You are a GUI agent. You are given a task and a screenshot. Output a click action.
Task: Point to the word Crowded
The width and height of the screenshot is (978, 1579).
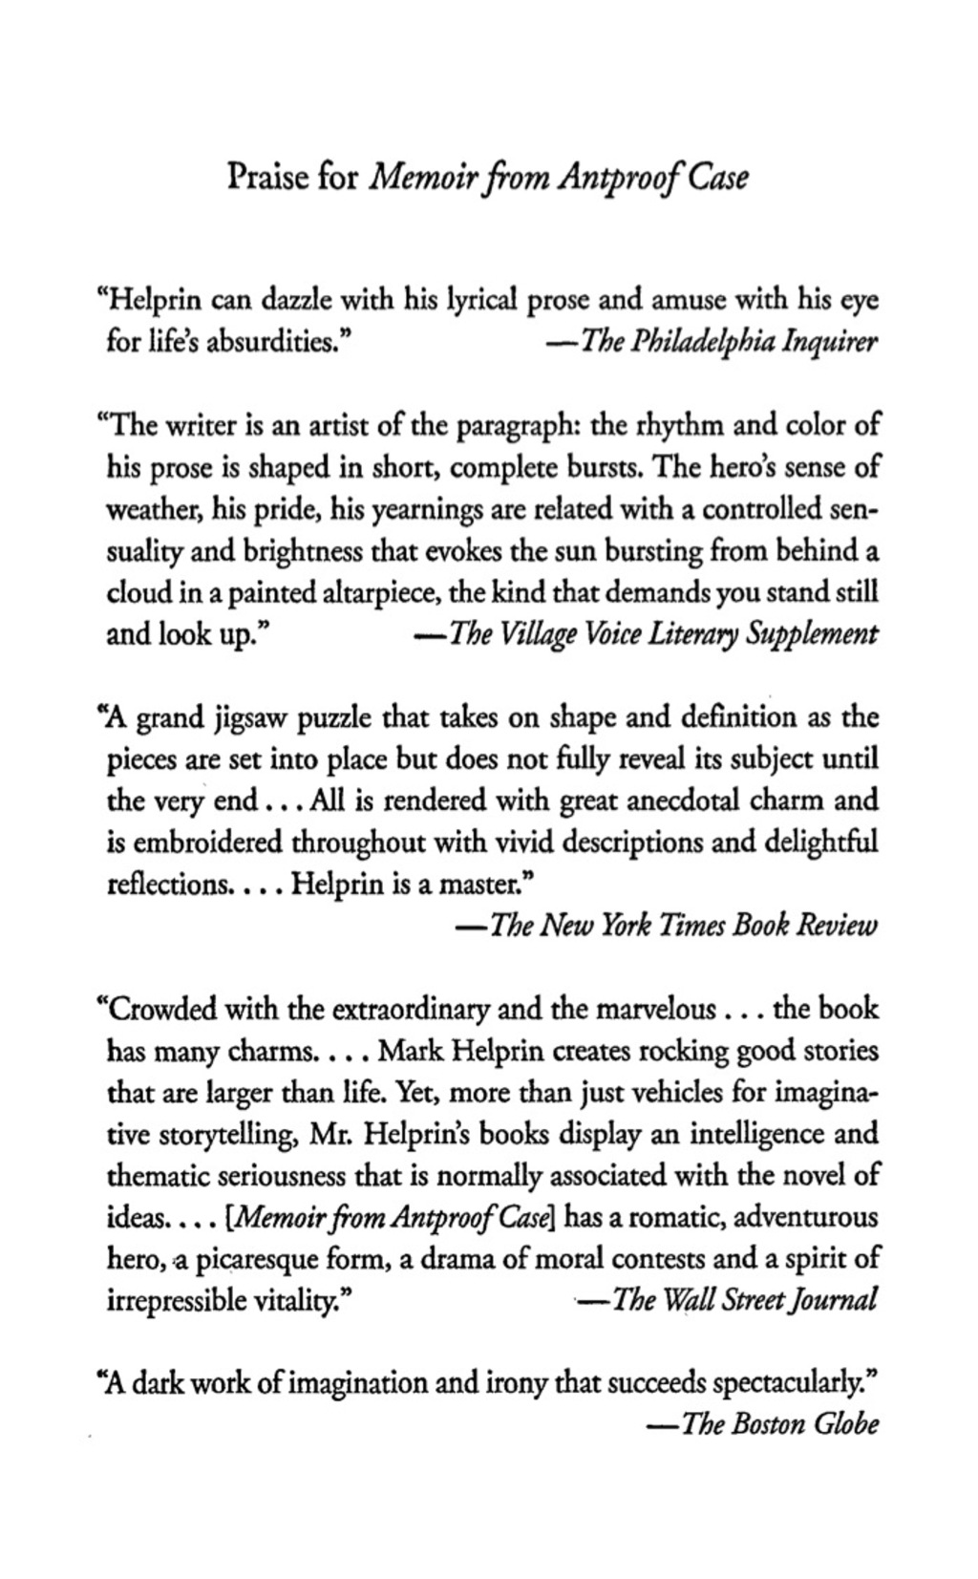165,1010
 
